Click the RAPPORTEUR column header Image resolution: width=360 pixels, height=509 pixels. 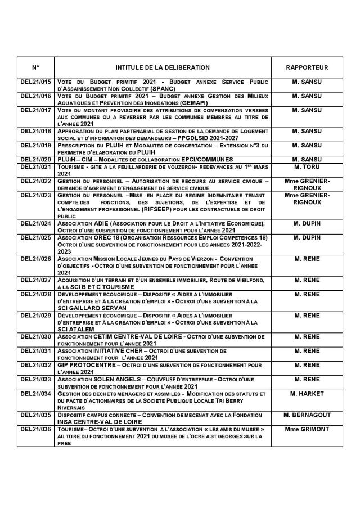307,67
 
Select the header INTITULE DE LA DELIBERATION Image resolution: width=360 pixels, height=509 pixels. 163,67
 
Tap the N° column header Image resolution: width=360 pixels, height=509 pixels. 35,67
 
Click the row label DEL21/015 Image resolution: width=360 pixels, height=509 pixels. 35,82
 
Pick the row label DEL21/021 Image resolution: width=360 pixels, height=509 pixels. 35,167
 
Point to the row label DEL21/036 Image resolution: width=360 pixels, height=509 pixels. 35,429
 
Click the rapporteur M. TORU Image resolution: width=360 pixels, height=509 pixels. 307,167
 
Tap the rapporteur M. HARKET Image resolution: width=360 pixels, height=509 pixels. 307,394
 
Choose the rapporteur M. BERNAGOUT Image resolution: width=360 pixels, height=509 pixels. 307,415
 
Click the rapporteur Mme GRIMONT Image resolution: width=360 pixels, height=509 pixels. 307,429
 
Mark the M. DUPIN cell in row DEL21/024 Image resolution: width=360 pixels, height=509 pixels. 307,223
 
